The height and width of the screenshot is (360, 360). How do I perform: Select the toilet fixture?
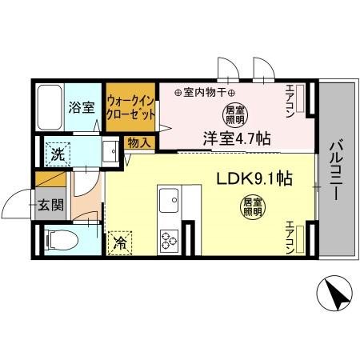[x=57, y=238]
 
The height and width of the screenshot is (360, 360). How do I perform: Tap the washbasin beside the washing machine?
[x=108, y=151]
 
